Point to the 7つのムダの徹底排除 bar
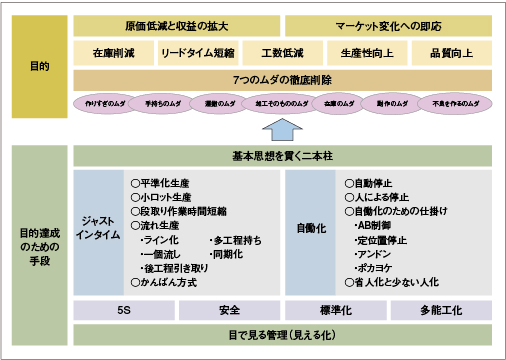click(x=282, y=79)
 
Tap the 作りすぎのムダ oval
click(x=101, y=103)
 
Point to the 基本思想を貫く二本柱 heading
click(x=282, y=156)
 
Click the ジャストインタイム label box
click(x=98, y=231)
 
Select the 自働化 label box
click(x=309, y=231)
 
